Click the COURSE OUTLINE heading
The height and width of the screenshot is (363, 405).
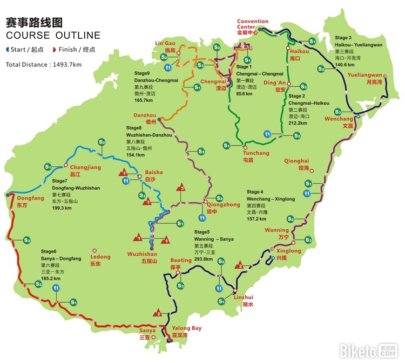point(53,36)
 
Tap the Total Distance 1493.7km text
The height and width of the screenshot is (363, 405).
point(44,64)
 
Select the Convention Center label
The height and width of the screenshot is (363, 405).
point(252,25)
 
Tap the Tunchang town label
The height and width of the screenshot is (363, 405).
point(256,153)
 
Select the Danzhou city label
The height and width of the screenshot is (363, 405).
point(145,115)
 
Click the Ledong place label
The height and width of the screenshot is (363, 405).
point(100,257)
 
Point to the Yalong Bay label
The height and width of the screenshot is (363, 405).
point(187,328)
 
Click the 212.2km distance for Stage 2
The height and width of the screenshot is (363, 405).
point(298,123)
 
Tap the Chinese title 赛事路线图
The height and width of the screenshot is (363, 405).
point(34,22)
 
